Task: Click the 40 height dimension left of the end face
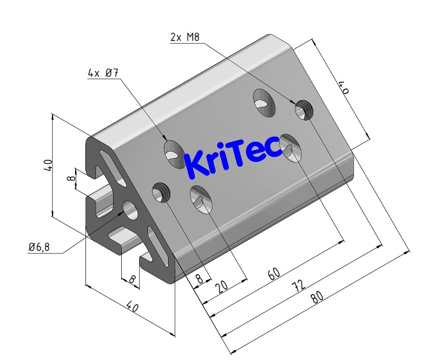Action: click(x=48, y=165)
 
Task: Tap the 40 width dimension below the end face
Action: click(x=132, y=307)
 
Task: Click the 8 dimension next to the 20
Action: click(x=200, y=279)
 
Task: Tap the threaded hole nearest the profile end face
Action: click(x=161, y=193)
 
